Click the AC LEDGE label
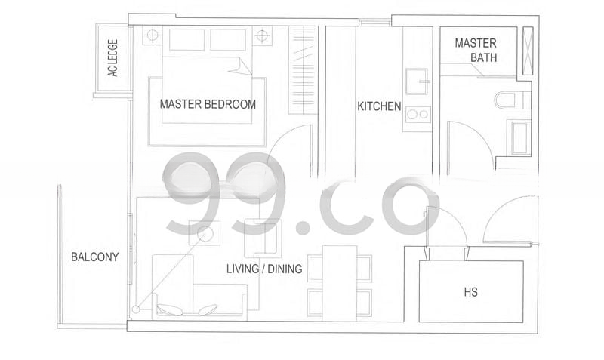click(x=112, y=58)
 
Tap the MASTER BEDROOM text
click(x=208, y=104)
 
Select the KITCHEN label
click(x=379, y=106)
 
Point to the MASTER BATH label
click(x=476, y=50)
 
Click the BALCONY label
click(x=95, y=257)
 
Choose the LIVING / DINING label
click(x=264, y=269)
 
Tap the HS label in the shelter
click(x=470, y=292)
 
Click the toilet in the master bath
click(x=513, y=100)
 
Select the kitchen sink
click(x=417, y=82)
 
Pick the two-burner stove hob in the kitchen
click(x=418, y=115)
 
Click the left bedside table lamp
click(x=153, y=35)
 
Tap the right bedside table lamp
click(x=262, y=35)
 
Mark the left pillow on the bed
click(x=186, y=39)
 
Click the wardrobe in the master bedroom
click(x=303, y=70)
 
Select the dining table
click(x=340, y=283)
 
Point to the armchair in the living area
click(x=263, y=238)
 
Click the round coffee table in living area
click(x=204, y=233)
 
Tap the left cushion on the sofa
click(x=170, y=309)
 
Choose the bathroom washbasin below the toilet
click(x=521, y=138)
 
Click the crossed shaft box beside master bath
click(x=528, y=51)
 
